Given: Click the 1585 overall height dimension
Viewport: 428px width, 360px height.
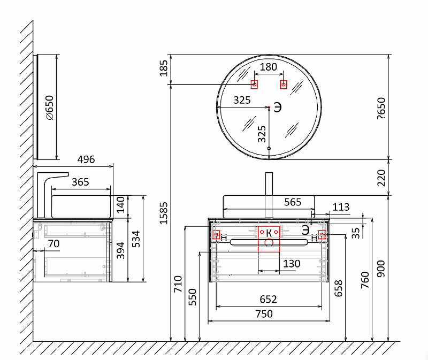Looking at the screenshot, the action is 164,213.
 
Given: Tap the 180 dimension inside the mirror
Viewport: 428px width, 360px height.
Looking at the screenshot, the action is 269,67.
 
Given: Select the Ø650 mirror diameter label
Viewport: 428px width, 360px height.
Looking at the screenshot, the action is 50,108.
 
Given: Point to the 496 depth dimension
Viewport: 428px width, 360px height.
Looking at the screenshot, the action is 86,159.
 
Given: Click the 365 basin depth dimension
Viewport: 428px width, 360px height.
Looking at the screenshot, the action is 81,182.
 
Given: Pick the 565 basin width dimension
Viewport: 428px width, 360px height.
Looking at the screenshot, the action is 293,202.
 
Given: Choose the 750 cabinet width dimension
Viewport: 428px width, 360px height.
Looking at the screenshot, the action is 264,314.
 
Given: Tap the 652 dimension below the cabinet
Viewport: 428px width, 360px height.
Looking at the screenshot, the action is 269,300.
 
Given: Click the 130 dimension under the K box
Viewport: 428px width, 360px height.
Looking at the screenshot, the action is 292,264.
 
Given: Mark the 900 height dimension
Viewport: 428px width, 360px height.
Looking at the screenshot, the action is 381,269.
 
